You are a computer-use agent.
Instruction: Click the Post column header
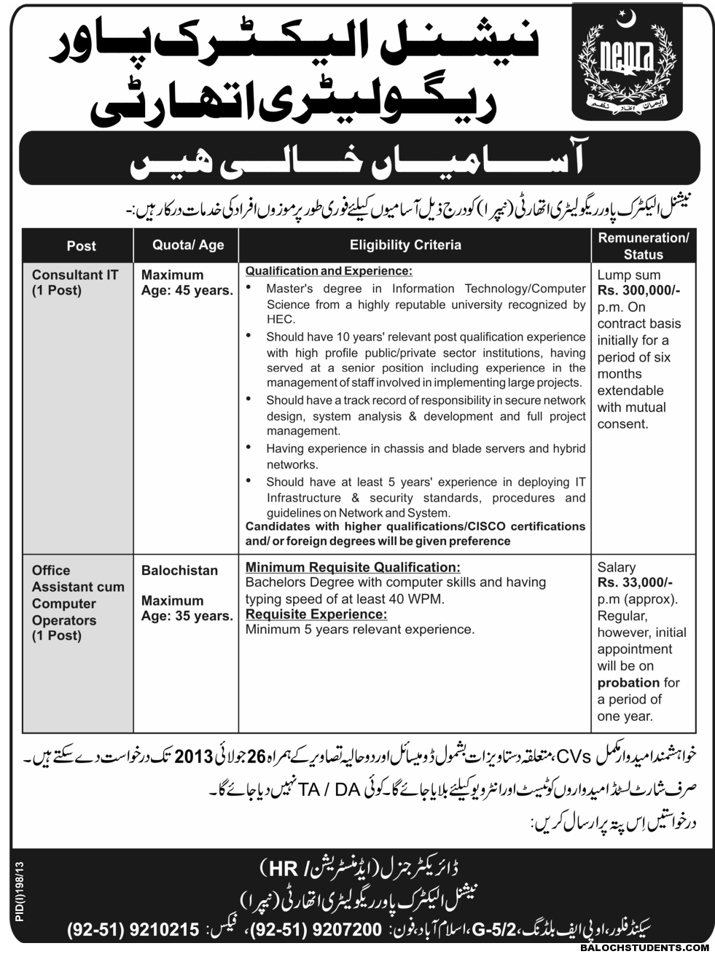pyautogui.click(x=81, y=246)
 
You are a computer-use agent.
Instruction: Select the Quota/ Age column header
pyautogui.click(x=188, y=246)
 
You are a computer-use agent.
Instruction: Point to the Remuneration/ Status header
pyautogui.click(x=643, y=246)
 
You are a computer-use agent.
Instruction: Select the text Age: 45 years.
pyautogui.click(x=187, y=291)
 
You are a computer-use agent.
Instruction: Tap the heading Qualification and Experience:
pyautogui.click(x=329, y=270)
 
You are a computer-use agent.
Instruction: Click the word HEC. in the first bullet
pyautogui.click(x=281, y=319)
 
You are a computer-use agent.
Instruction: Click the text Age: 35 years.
pyautogui.click(x=187, y=616)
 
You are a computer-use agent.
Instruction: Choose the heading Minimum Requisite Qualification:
pyautogui.click(x=353, y=567)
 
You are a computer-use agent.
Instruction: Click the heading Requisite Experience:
pyautogui.click(x=316, y=614)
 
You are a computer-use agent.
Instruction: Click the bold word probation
pyautogui.click(x=628, y=683)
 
